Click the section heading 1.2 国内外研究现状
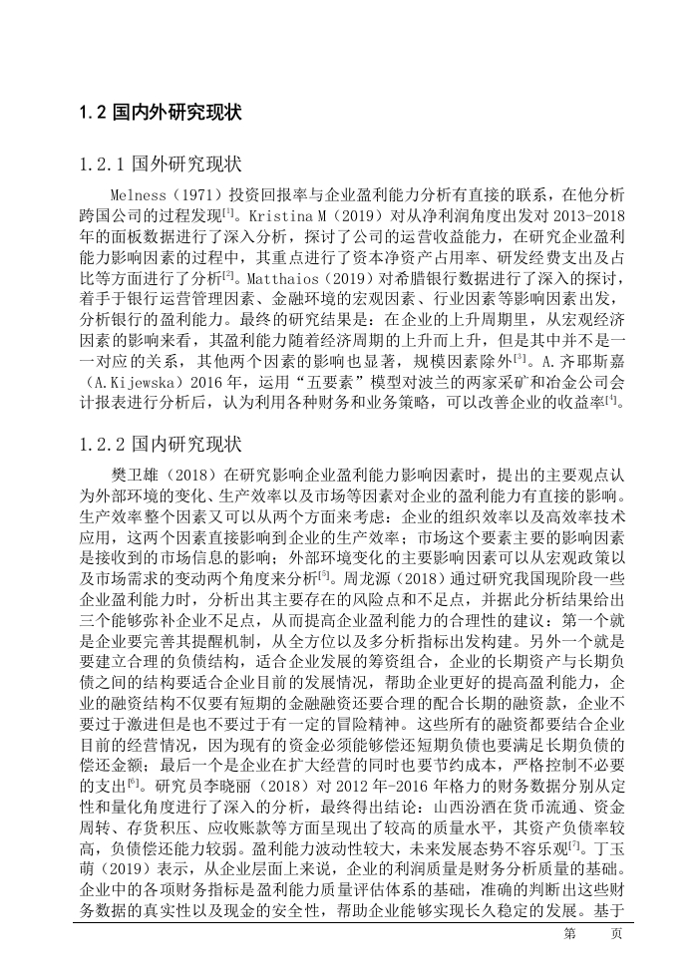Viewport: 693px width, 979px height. point(160,114)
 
